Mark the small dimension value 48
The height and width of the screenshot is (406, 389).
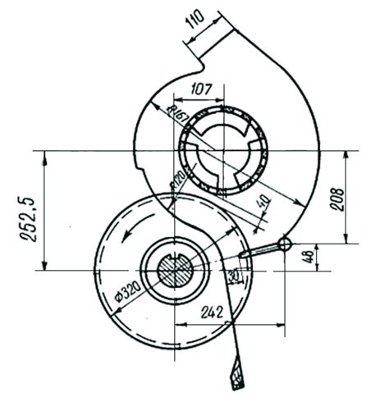(330, 257)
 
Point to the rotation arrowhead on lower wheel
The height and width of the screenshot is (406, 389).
(123, 236)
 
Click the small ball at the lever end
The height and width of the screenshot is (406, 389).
(284, 244)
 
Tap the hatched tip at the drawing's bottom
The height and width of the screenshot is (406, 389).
(238, 377)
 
